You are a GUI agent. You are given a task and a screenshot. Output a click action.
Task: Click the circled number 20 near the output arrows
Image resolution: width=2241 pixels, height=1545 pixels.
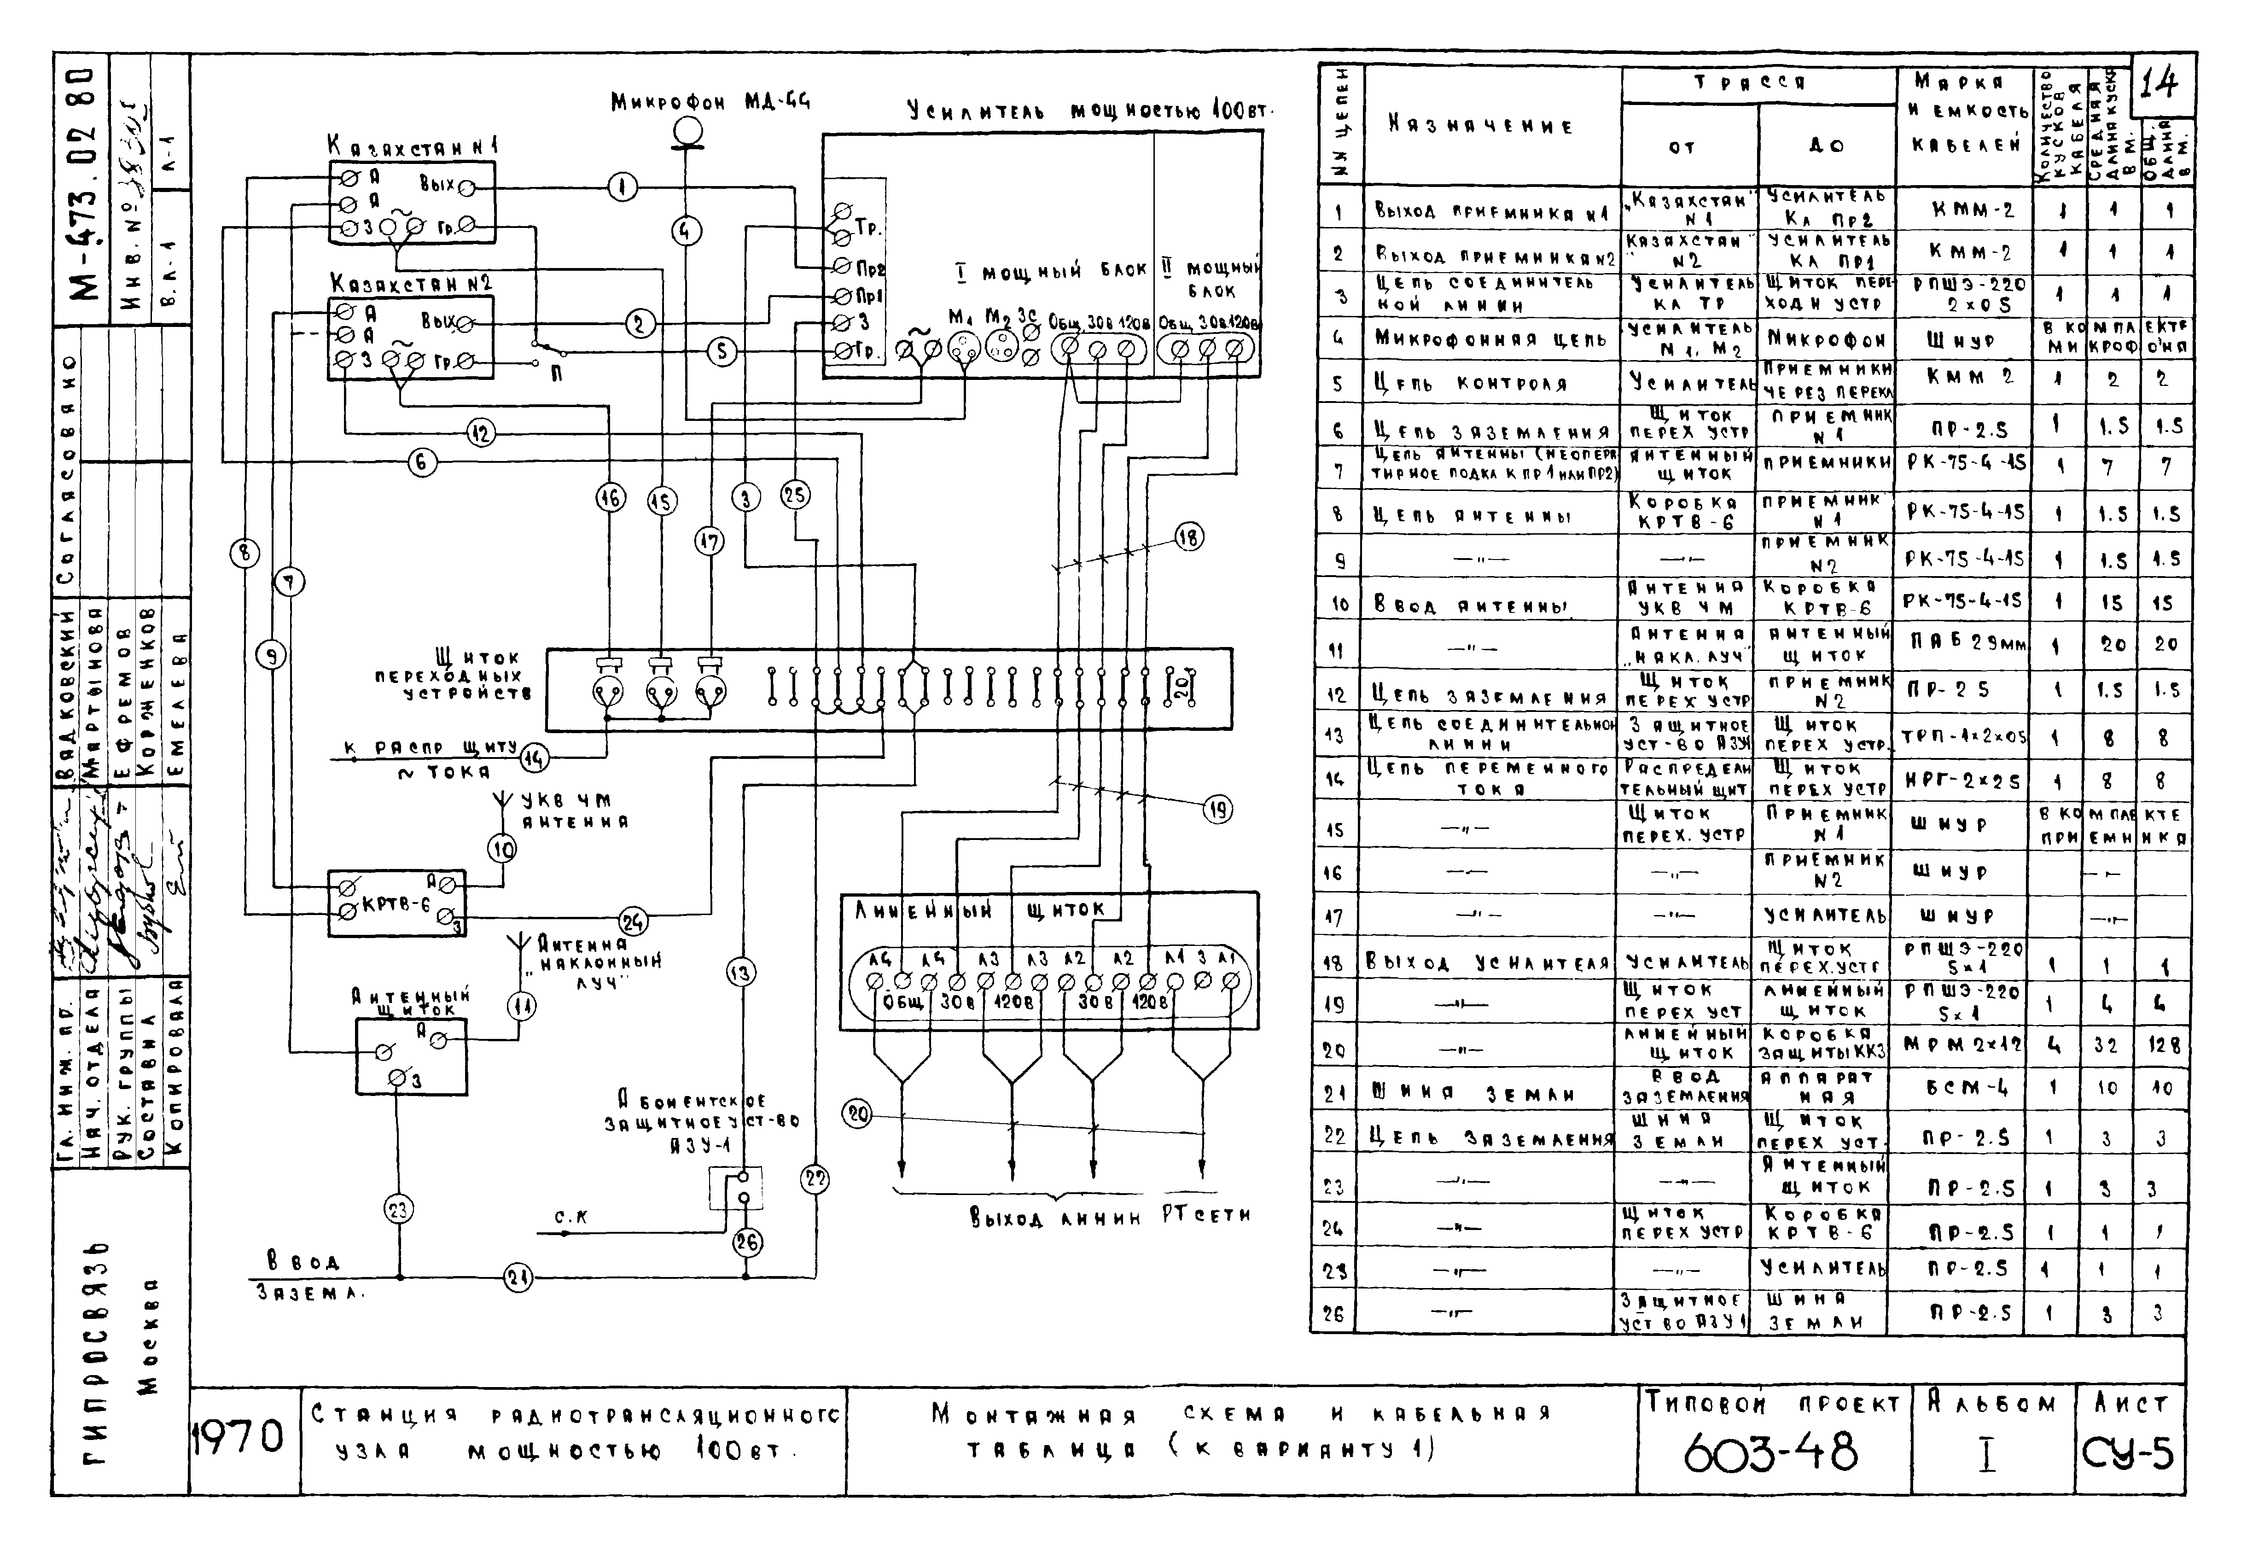click(858, 1114)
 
